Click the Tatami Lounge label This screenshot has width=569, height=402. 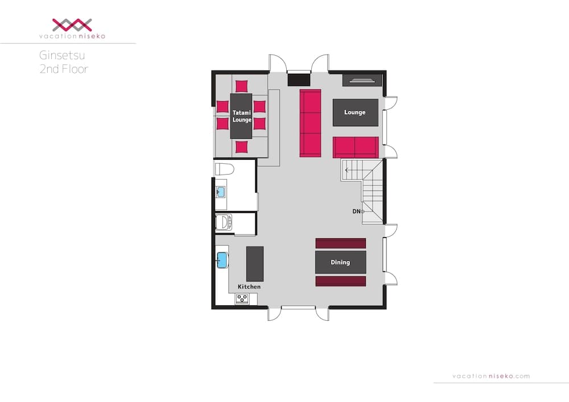[242, 117]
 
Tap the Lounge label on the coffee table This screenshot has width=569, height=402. [355, 113]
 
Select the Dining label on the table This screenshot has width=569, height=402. [340, 262]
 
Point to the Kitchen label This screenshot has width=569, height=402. [249, 287]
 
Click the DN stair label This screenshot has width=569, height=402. [356, 212]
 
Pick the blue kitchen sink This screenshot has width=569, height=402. [222, 260]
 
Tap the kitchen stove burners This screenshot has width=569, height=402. [242, 299]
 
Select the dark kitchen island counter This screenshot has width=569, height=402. [255, 264]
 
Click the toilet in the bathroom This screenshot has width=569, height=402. [225, 169]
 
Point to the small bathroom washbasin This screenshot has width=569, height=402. [220, 192]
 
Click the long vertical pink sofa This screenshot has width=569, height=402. [310, 123]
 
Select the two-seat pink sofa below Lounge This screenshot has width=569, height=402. [356, 147]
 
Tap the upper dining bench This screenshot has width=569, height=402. [340, 243]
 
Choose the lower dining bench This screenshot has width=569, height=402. [340, 281]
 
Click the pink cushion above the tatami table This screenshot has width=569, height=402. [241, 86]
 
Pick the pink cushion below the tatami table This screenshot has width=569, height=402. [241, 147]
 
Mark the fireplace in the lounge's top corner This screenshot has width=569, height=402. [362, 80]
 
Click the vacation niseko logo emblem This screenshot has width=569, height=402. [72, 25]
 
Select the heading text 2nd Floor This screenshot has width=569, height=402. [64, 69]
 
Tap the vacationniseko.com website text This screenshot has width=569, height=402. [491, 376]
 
